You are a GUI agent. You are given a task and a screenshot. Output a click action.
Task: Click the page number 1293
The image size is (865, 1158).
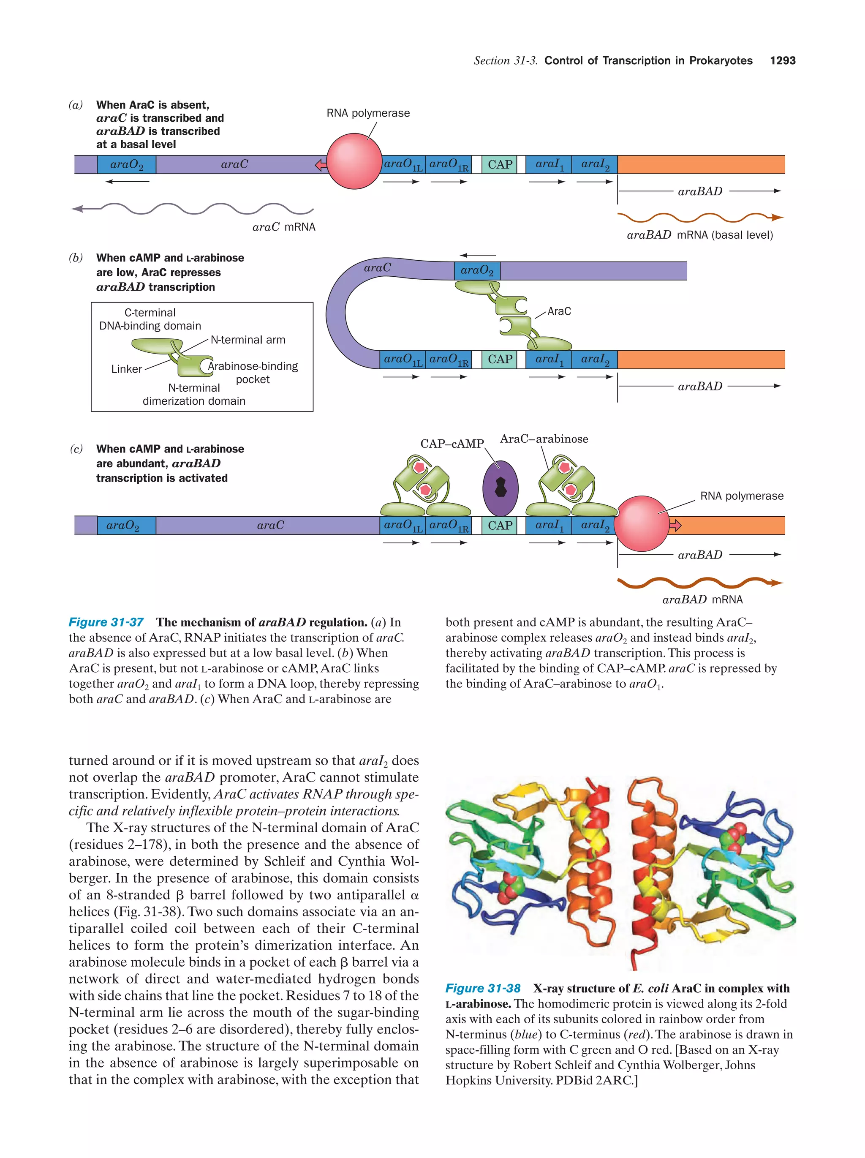[782, 61]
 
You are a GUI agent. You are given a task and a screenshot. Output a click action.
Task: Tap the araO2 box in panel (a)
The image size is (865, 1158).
[127, 164]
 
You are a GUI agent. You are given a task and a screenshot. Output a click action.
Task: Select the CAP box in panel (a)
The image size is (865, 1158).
[500, 164]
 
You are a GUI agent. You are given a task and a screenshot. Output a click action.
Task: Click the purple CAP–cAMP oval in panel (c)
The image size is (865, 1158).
[500, 488]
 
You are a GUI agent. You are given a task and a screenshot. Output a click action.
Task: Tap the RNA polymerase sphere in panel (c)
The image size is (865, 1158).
[642, 524]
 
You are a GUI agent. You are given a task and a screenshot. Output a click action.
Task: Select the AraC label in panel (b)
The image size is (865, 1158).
[559, 311]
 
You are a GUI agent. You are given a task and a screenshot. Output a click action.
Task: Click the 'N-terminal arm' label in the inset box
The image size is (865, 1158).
[248, 340]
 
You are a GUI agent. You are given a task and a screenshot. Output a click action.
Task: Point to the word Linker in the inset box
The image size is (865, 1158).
[127, 369]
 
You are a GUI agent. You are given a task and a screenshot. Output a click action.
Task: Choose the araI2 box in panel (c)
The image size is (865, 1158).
[594, 525]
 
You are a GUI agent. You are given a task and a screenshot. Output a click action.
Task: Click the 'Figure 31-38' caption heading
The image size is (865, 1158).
[482, 989]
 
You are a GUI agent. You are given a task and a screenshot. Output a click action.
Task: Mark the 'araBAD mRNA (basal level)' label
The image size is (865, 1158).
[699, 235]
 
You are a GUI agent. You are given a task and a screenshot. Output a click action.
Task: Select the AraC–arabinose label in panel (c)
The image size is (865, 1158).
[544, 439]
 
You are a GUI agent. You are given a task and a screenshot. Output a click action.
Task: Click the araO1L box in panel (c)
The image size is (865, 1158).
[403, 525]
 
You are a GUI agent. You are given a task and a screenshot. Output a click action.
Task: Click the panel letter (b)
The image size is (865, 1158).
[76, 258]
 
